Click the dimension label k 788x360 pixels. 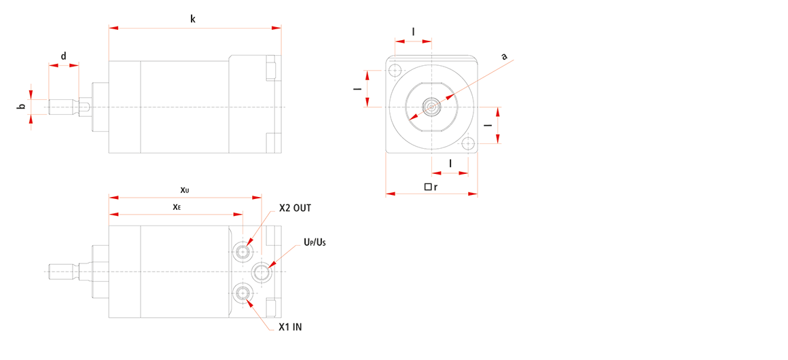(193, 19)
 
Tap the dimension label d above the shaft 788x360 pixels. (64, 56)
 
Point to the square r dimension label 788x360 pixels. (431, 187)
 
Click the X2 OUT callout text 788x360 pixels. (295, 208)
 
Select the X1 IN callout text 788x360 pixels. (291, 327)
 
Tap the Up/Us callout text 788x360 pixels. (315, 243)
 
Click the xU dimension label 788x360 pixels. (185, 190)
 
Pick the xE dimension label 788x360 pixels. (176, 206)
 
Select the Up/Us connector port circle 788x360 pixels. (262, 272)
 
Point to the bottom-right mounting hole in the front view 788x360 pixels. (468, 143)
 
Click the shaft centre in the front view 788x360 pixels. (431, 107)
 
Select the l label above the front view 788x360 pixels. (413, 32)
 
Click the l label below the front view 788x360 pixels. (450, 164)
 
